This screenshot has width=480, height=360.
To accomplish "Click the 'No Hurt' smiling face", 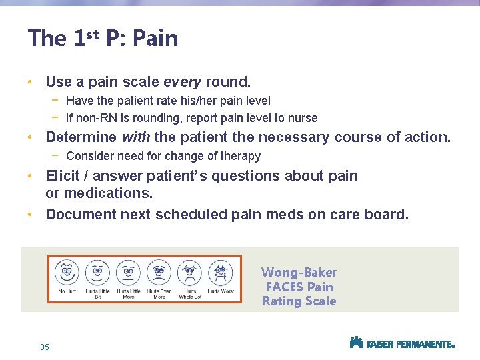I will pyautogui.click(x=67, y=272).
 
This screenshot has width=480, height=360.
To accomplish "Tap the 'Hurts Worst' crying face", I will pyautogui.click(x=220, y=272).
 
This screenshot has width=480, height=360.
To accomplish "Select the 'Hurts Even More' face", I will pyautogui.click(x=159, y=272).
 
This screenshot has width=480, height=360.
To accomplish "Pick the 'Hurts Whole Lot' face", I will pyautogui.click(x=189, y=272).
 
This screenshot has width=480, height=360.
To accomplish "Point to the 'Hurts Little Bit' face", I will pyautogui.click(x=97, y=272).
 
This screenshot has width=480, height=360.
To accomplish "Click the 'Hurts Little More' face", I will pyautogui.click(x=128, y=272).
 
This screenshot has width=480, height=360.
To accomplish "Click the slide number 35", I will pyautogui.click(x=45, y=347).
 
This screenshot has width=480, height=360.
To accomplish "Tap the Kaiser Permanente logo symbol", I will pyautogui.click(x=356, y=343).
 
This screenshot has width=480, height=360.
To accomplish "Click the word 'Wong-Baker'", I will pyautogui.click(x=299, y=272).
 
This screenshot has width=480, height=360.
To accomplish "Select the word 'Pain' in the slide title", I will pyautogui.click(x=155, y=38).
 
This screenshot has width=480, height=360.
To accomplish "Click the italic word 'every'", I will pyautogui.click(x=182, y=82).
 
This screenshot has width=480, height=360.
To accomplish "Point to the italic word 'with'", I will pyautogui.click(x=136, y=137).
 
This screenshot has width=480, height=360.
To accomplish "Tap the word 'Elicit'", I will pyautogui.click(x=63, y=176).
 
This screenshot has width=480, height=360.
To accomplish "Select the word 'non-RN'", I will pyautogui.click(x=96, y=118).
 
